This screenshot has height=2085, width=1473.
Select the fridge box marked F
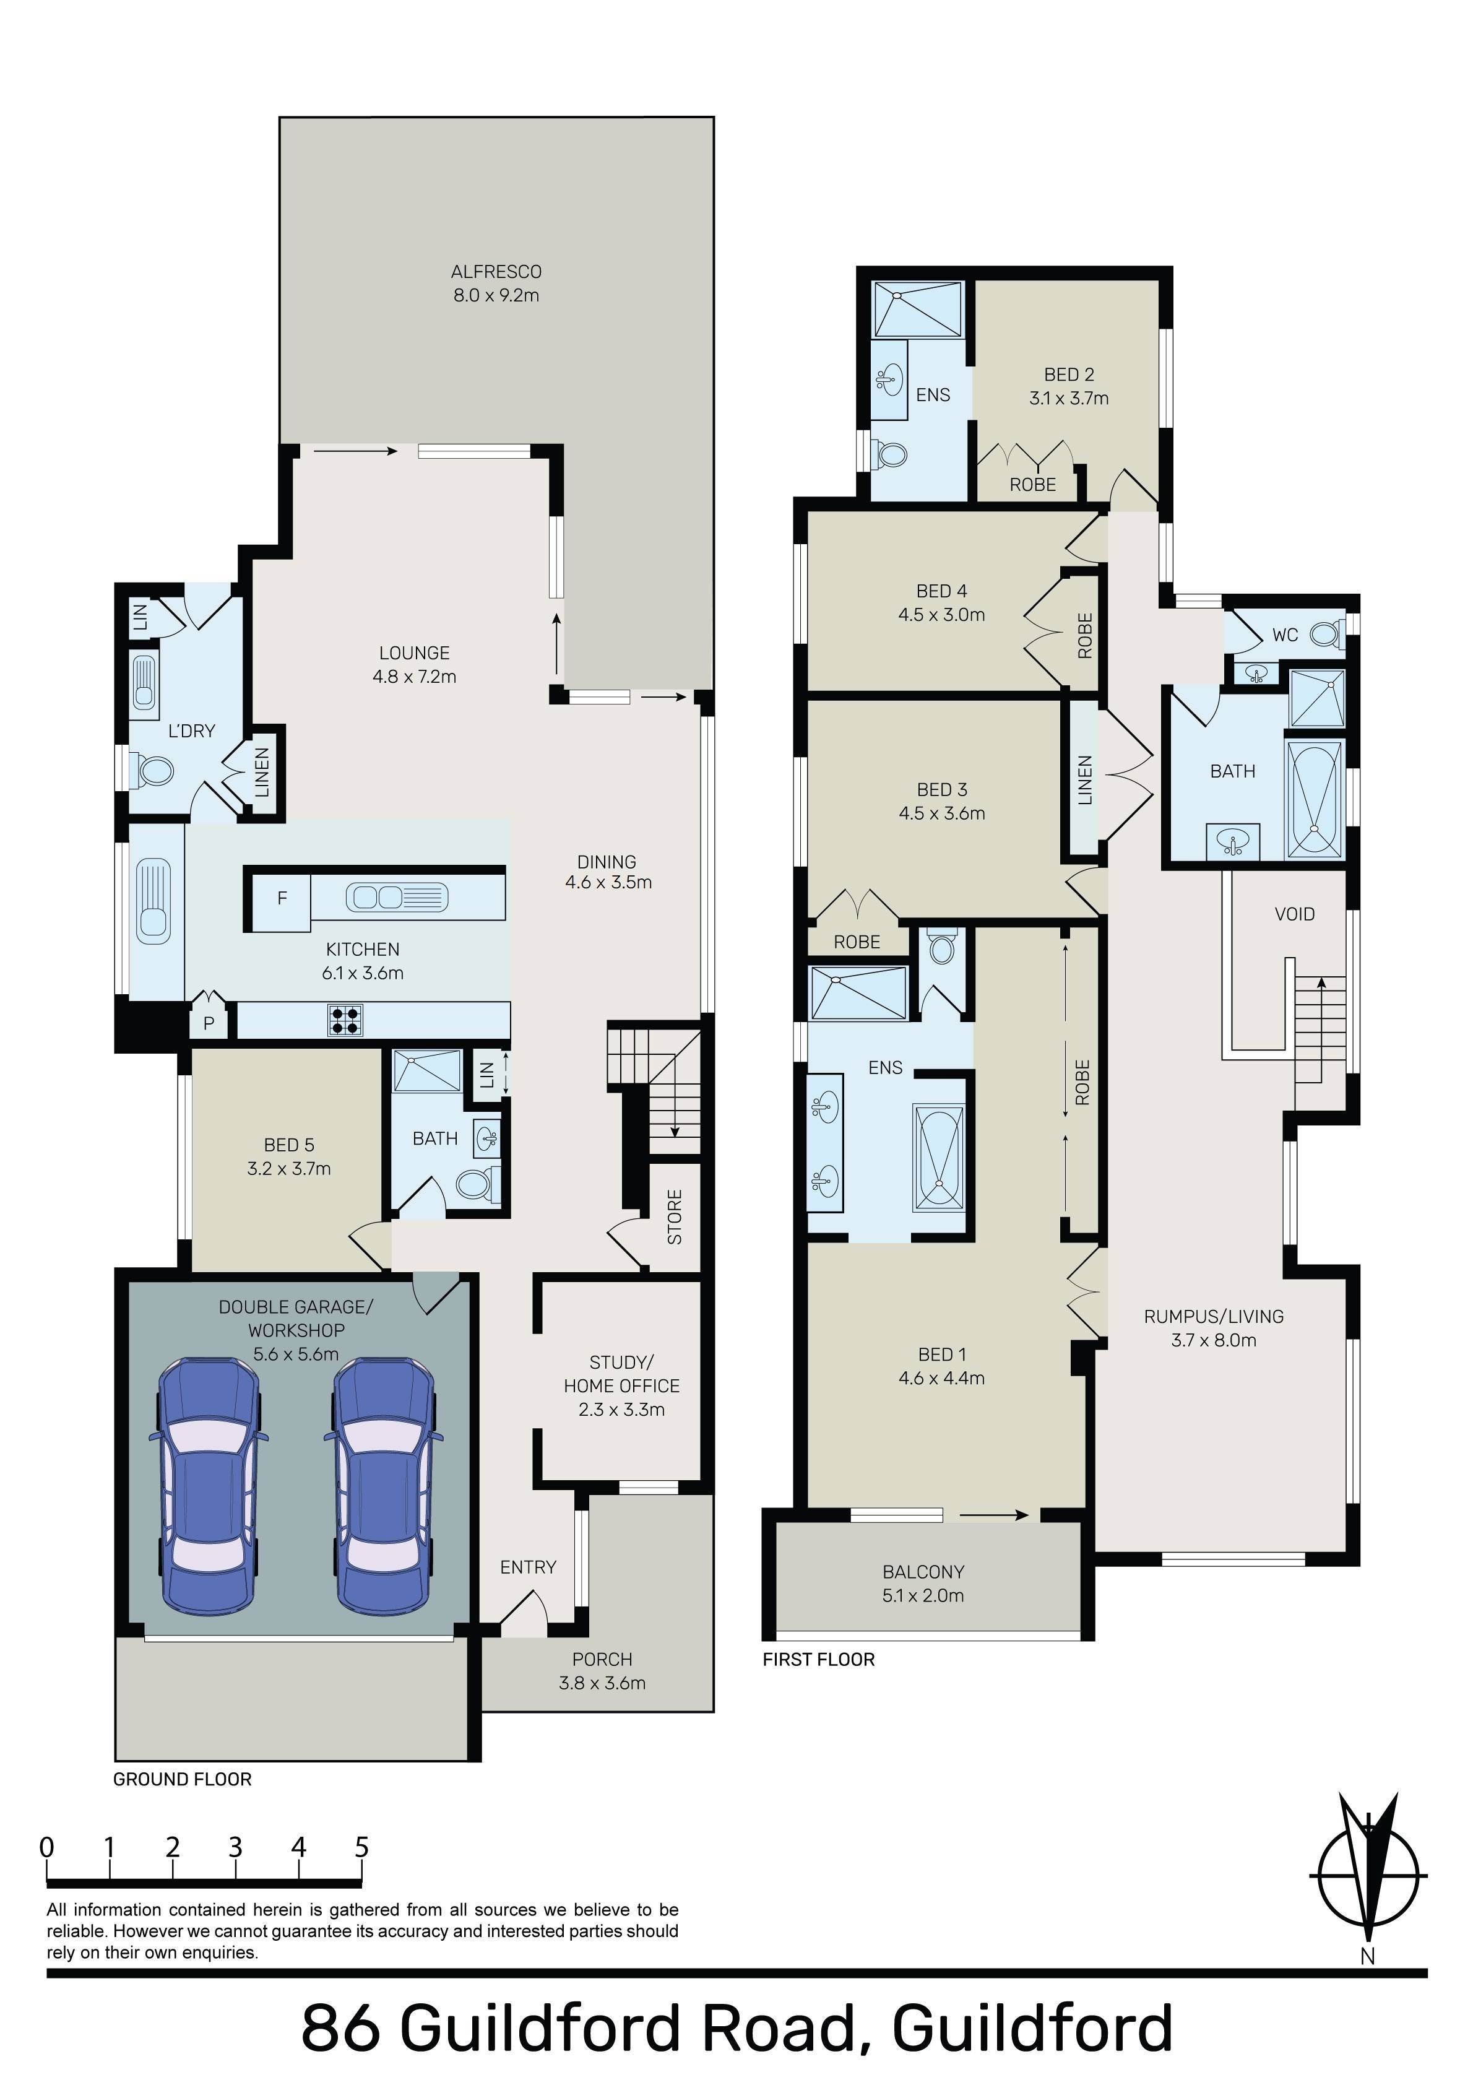click(282, 898)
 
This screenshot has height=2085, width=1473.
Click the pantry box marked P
click(209, 1023)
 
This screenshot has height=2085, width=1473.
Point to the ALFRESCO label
click(496, 272)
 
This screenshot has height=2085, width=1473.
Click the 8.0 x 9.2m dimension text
click(496, 295)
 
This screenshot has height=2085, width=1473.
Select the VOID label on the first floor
click(1294, 914)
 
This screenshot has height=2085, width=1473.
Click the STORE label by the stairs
click(675, 1217)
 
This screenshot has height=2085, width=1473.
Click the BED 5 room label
click(289, 1145)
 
